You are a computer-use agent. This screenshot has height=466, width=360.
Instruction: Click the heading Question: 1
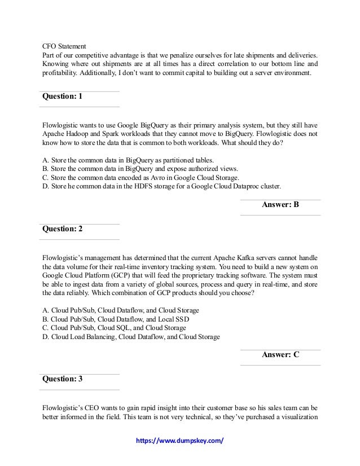click(x=63, y=97)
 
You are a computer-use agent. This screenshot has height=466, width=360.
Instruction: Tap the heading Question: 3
click(x=63, y=379)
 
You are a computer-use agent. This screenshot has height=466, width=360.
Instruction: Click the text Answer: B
click(x=280, y=205)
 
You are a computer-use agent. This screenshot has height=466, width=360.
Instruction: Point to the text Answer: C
click(x=280, y=355)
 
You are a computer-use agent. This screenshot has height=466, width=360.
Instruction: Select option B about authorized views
click(x=133, y=168)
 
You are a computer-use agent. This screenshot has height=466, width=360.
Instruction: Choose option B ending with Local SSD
click(x=116, y=319)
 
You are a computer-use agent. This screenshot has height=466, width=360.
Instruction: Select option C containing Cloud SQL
click(x=114, y=328)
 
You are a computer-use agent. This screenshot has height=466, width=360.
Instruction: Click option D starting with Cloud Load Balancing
click(x=131, y=337)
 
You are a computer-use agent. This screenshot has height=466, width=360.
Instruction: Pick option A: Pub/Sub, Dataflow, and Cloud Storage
click(x=121, y=310)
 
